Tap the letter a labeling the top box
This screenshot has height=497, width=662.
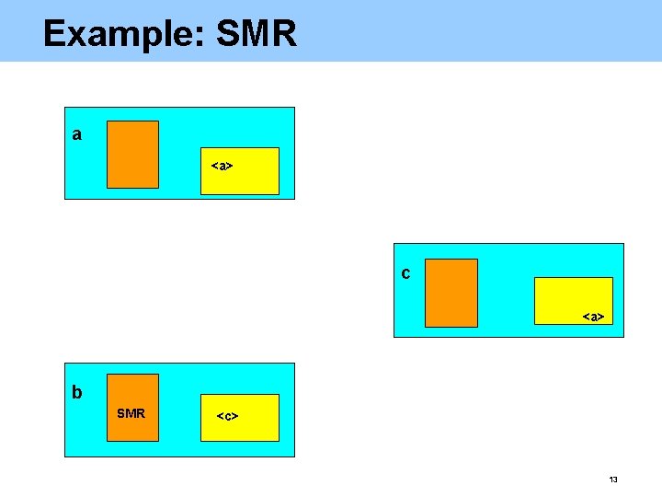tap(77, 134)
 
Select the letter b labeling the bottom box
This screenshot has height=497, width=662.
tap(77, 392)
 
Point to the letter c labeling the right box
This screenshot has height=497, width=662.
tap(406, 273)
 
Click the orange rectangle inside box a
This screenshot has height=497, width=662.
tap(132, 154)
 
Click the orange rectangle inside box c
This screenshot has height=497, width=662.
tap(451, 293)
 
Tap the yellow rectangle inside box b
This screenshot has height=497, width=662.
tap(240, 418)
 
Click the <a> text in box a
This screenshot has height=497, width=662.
tap(222, 167)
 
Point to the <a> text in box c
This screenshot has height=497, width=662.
tap(593, 317)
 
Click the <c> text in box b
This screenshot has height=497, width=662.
tap(227, 416)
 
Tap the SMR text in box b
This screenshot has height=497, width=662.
tap(131, 413)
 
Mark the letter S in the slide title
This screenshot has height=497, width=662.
tap(229, 34)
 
